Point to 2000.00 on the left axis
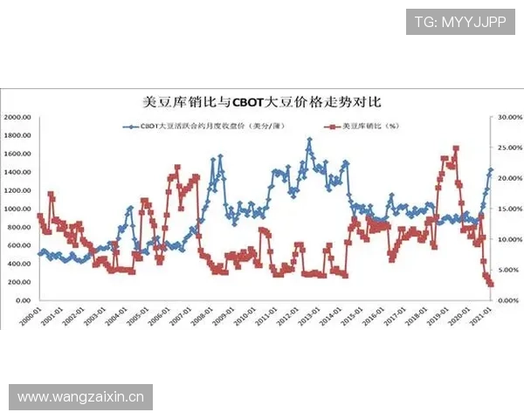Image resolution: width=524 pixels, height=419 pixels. (17, 117)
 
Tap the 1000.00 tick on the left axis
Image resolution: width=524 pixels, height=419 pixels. (17, 209)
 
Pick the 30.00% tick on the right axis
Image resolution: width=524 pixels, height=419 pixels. (509, 117)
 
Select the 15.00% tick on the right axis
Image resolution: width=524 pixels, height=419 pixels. (509, 209)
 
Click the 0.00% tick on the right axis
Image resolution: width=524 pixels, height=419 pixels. (509, 300)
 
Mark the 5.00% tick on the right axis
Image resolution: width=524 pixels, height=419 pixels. (509, 270)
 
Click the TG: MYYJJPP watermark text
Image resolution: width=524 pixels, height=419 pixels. (459, 22)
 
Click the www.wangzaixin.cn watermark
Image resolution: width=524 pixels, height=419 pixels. (80, 397)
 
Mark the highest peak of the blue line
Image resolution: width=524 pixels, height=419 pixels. (309, 140)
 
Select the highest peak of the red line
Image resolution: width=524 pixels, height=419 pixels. (456, 148)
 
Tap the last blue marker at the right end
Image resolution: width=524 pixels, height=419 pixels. (491, 170)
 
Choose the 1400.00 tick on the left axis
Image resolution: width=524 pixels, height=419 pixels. (17, 172)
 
